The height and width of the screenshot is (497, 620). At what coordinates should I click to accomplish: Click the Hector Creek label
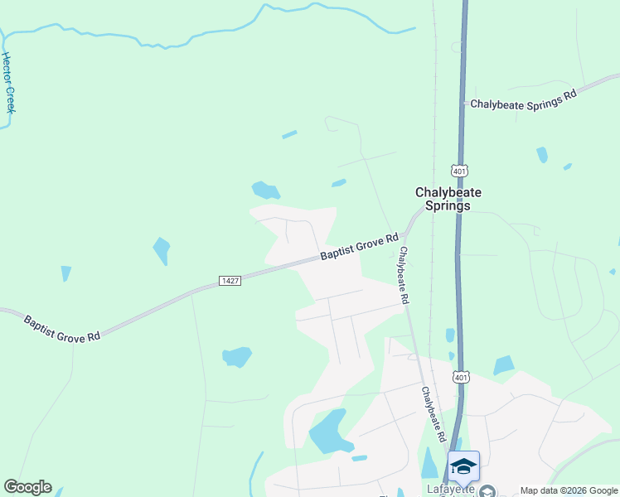coord(9,83)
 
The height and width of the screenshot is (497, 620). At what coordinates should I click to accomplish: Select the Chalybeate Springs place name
coord(448,199)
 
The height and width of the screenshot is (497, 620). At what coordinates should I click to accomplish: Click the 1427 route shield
coord(230,281)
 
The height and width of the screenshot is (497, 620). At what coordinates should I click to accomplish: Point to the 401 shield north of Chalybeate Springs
coord(459,170)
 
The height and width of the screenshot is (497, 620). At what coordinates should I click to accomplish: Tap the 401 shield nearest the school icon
coord(462,377)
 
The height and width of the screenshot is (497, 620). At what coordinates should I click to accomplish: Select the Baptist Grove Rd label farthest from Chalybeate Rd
coord(62,328)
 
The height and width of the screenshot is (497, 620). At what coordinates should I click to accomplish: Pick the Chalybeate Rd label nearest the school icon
coord(434,415)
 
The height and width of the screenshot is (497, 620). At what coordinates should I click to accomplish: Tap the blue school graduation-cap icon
coord(463,466)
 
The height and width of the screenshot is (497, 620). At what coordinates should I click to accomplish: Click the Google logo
coord(27,487)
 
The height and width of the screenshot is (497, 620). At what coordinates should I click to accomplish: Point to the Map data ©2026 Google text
coord(569,490)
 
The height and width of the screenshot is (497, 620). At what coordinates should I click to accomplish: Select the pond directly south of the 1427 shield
coord(237,357)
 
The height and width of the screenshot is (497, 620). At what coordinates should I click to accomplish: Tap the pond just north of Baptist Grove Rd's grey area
coord(265,191)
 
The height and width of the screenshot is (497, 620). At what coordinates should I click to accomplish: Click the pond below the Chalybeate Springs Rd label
coord(541,154)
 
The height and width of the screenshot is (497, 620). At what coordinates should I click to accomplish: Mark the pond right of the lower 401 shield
coord(503,365)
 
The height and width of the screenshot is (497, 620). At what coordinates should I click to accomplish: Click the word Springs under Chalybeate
coord(448,206)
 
